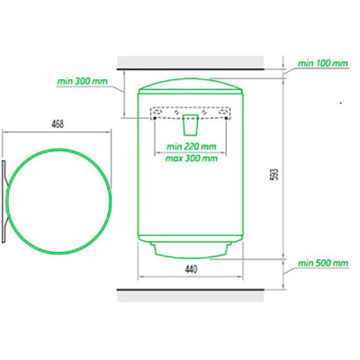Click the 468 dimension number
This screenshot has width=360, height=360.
[x=58, y=124]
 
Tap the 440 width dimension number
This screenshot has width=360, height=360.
[x=191, y=269]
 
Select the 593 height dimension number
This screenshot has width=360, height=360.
[x=275, y=175]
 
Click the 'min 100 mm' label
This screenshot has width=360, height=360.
[x=323, y=64]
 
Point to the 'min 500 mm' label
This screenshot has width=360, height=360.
[x=323, y=263]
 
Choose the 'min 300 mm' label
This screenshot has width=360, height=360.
[x=82, y=81]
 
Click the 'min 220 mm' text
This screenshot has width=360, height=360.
[x=191, y=146]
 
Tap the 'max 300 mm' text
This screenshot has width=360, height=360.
[x=191, y=158]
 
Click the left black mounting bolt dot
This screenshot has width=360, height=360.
[x=155, y=118]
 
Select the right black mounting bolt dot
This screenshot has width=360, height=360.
[x=226, y=118]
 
